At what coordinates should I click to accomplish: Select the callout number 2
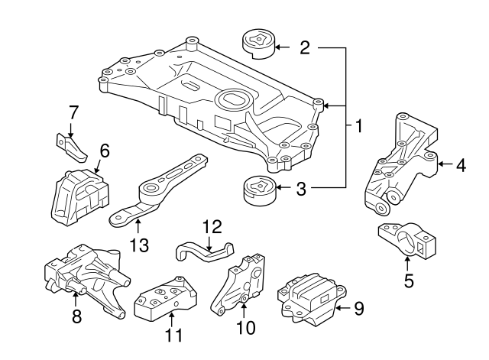click(x=305, y=48)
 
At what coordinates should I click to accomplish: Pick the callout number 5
click(x=409, y=281)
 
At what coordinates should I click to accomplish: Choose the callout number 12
click(x=211, y=227)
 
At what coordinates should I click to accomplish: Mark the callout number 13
click(x=138, y=244)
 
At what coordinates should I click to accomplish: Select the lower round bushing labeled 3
click(x=257, y=191)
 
